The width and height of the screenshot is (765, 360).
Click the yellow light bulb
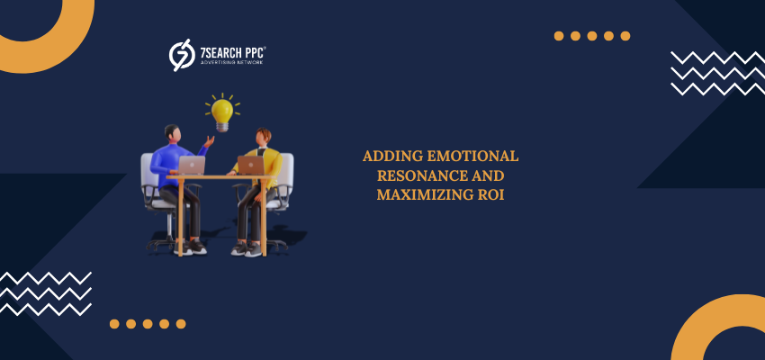coord(222,114)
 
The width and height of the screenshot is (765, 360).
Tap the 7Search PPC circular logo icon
coord(182,55)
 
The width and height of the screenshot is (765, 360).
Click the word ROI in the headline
coord(491,194)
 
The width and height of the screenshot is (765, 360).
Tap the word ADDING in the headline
coord(392,156)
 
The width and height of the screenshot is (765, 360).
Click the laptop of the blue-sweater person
coord(191,166)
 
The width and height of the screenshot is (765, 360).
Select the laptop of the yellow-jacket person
coord(251,166)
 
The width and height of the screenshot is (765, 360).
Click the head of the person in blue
coord(173,132)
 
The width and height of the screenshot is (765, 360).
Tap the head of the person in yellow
coord(263,137)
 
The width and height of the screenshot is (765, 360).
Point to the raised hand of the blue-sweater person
coord(210,141)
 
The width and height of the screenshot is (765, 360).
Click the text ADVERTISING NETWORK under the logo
coord(231,63)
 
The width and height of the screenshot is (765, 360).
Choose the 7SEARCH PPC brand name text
coord(233,52)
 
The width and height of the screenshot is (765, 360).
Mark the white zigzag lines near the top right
coord(717,73)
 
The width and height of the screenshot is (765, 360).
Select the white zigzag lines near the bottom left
coord(45,293)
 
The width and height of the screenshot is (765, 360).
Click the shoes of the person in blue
coord(191,247)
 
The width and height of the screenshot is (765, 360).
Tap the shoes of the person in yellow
coord(247,249)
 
